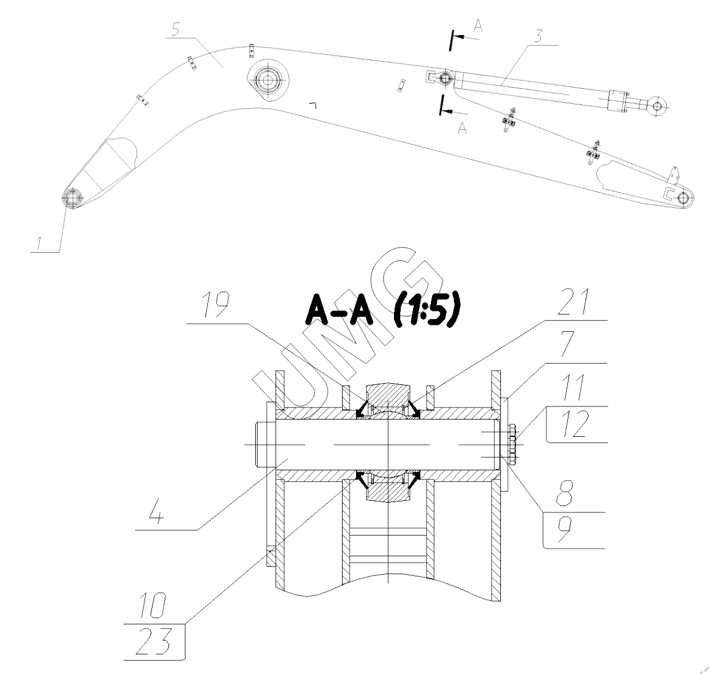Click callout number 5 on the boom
(x=176, y=29)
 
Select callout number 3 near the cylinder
(x=538, y=36)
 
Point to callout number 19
(x=215, y=305)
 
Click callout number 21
(x=574, y=302)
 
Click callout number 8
(x=564, y=493)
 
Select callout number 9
(x=564, y=529)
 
